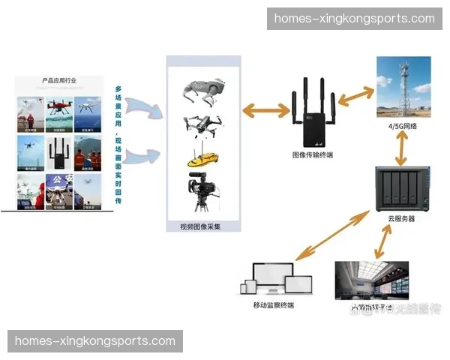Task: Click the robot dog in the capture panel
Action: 205,91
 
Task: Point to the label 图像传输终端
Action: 313,155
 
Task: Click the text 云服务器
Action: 401,218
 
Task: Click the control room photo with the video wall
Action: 371,282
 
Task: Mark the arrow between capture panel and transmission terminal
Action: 265,112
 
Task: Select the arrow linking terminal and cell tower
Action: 355,96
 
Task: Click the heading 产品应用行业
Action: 59,80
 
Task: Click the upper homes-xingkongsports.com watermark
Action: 354,18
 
